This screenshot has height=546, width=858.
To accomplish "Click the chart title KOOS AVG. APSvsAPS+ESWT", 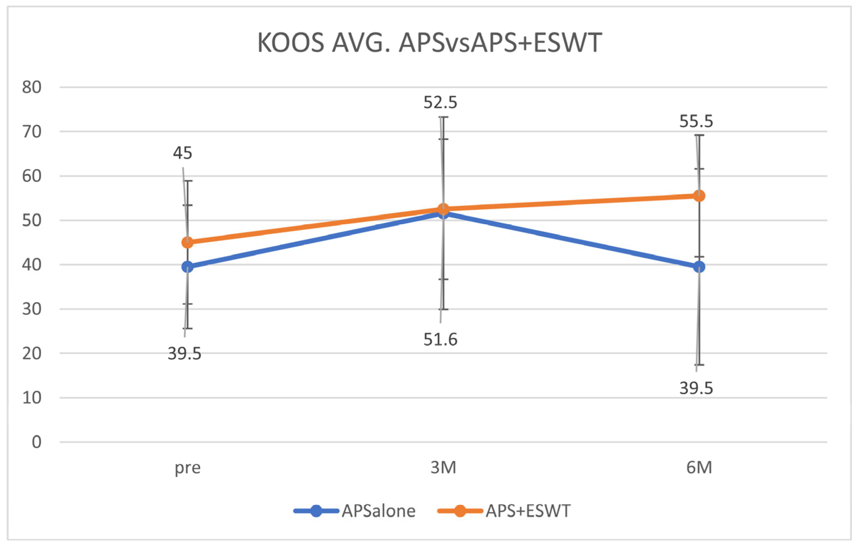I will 429,43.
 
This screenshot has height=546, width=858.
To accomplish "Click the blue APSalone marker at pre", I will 188,267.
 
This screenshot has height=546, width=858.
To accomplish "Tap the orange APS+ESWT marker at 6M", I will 699,196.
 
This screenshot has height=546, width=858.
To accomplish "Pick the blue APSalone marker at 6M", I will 699,267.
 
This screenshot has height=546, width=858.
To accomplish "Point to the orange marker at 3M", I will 443,209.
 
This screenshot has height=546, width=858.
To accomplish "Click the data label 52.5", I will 440,103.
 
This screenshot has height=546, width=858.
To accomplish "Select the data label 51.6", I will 440,339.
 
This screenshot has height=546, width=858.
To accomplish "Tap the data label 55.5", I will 696,122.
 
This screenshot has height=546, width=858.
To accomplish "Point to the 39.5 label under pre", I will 184,354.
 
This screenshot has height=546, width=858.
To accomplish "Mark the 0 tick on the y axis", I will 36,442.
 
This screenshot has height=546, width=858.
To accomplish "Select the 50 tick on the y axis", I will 32,220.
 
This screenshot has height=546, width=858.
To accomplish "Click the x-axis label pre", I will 188,468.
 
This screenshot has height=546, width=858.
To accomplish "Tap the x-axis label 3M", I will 443,467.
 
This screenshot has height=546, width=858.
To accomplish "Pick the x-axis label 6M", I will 699,467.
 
